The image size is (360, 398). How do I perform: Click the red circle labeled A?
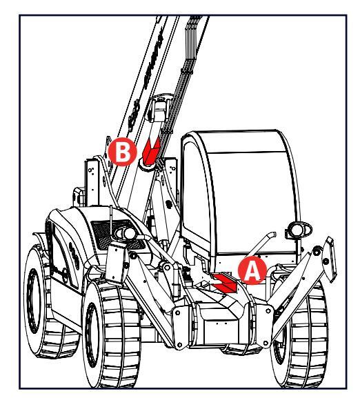click(252, 270)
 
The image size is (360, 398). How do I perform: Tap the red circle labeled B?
click(123, 152)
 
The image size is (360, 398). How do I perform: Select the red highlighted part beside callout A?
click(225, 283)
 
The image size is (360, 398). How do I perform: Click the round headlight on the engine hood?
click(130, 233)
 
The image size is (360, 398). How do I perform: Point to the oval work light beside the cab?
click(299, 230)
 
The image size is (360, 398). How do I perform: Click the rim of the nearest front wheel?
click(92, 335)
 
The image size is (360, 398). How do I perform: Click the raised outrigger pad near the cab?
click(329, 259)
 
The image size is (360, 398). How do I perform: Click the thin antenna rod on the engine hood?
click(111, 220)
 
